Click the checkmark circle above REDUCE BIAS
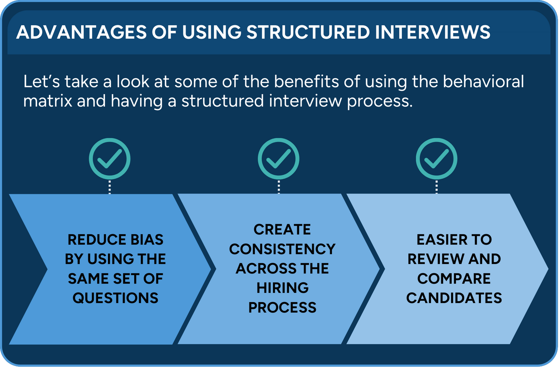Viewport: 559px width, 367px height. point(110,159)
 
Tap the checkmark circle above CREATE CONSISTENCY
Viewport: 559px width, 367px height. point(278,159)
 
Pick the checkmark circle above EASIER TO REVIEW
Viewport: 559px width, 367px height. point(436,159)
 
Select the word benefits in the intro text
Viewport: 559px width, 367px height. point(306,81)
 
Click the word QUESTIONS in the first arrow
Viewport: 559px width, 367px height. point(115,298)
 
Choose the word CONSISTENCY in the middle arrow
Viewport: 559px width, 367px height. point(282,249)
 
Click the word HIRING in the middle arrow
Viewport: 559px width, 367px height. point(282,288)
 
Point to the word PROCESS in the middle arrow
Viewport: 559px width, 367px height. point(282,308)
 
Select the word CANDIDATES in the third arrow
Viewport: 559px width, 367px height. point(454,298)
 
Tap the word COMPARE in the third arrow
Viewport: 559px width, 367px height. point(454,279)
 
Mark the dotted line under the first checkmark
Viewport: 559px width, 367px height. point(110,187)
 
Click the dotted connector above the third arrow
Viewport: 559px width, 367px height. point(436,187)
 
